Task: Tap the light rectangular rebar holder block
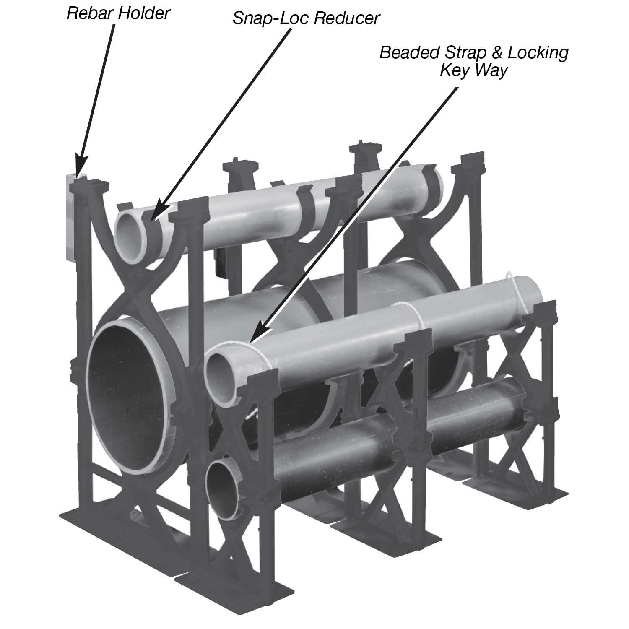point(70,218)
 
